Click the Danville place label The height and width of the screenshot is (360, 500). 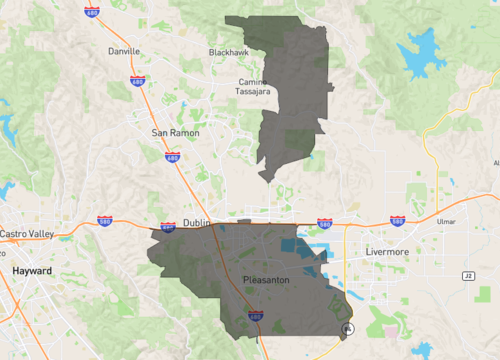(123, 50)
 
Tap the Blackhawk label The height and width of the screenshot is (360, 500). (228, 51)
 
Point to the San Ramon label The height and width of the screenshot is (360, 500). (175, 132)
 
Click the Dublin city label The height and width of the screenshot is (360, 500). (195, 224)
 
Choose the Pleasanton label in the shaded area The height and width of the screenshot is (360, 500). (266, 280)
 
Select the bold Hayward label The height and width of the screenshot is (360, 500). (32, 271)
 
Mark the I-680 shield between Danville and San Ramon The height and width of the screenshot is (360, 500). (138, 81)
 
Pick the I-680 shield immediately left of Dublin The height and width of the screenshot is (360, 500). (167, 228)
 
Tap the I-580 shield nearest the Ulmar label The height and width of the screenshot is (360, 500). (398, 220)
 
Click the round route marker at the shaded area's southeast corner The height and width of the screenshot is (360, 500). (348, 329)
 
